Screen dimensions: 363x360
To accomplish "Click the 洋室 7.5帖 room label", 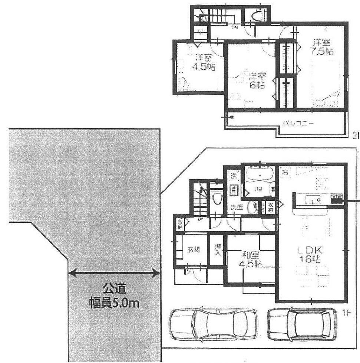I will (x=321, y=47).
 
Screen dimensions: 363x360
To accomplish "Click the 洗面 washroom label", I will (x=238, y=207).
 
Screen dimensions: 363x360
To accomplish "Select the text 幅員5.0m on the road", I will (x=114, y=304).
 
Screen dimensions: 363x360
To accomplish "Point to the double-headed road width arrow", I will (x=114, y=274).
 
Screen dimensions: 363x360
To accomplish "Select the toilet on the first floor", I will (x=217, y=199).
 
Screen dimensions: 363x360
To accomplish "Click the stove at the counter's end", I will (x=336, y=199).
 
